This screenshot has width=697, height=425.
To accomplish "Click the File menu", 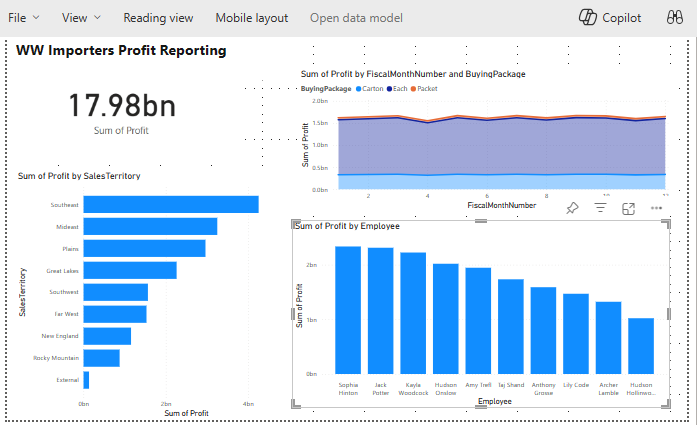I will click(23, 18).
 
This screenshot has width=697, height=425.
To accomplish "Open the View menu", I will click(80, 18).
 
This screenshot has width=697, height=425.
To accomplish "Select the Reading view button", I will click(158, 18).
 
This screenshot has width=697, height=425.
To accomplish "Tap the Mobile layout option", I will click(251, 18).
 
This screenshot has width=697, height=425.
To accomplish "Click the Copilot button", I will click(610, 18).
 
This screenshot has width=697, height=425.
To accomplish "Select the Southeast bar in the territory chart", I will click(171, 205).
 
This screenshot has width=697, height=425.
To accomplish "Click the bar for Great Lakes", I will click(130, 270).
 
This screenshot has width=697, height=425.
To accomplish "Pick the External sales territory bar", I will click(87, 380).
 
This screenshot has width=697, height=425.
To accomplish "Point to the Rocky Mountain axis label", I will click(57, 358).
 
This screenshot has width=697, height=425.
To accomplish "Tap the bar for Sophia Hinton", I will click(348, 310).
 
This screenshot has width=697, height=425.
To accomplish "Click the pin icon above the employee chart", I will click(572, 208).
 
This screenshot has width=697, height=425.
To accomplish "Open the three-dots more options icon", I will click(657, 208).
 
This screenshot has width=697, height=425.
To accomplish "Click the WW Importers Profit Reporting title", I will click(121, 50).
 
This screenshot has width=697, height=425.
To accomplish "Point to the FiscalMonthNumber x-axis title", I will click(501, 205).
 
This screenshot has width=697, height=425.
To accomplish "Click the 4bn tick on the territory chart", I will click(248, 403).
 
